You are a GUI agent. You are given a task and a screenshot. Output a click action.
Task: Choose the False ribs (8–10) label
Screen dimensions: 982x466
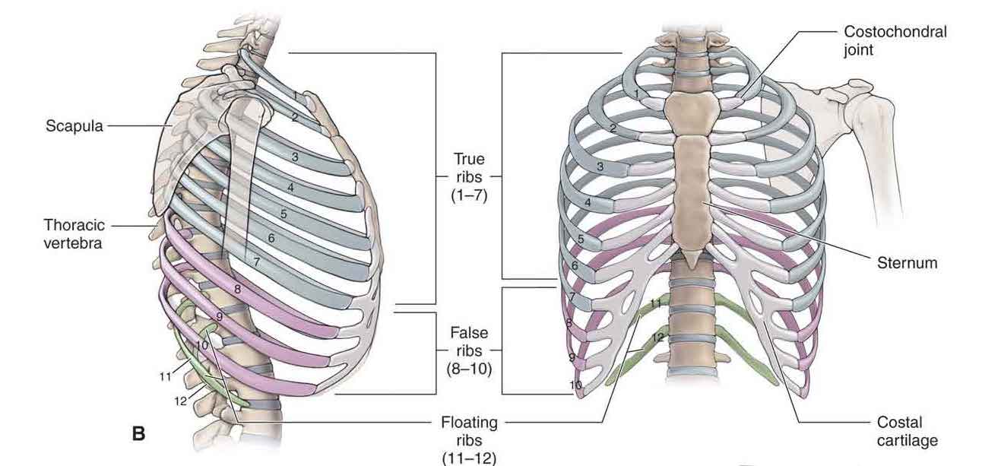469,350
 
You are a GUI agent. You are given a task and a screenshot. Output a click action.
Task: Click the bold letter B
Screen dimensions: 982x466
139,434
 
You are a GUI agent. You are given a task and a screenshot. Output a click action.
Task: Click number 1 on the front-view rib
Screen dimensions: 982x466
636,93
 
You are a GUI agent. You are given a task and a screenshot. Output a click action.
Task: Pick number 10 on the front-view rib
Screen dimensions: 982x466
576,385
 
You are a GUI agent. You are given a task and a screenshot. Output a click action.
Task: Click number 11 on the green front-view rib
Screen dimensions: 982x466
656,303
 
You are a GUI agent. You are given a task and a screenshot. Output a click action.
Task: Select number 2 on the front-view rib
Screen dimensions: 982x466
612,128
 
